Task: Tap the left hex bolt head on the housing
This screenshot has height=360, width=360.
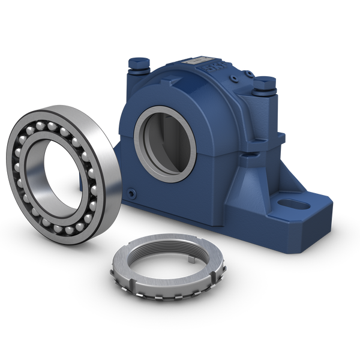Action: [135, 63]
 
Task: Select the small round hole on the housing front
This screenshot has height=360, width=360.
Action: [134, 193]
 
